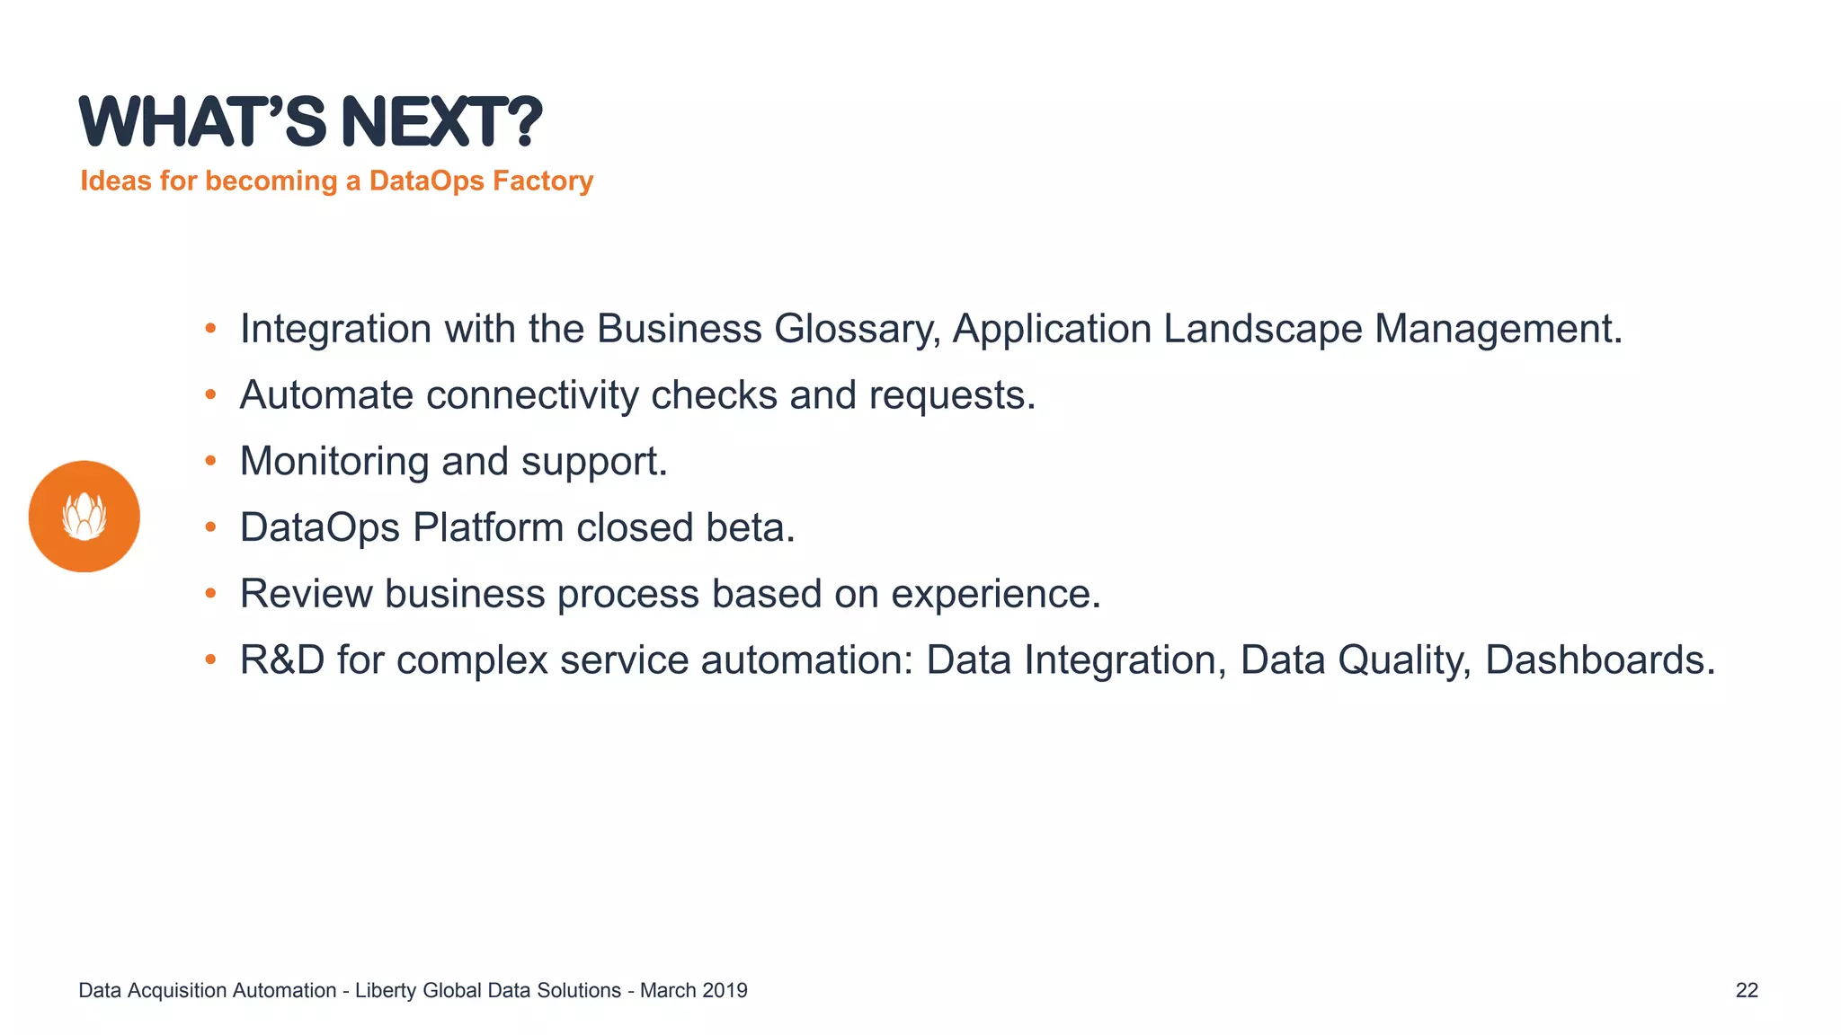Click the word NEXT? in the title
click(x=441, y=122)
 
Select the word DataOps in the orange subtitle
click(x=427, y=181)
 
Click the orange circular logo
click(x=84, y=517)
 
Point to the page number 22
click(x=1747, y=990)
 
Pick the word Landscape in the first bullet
click(x=1263, y=329)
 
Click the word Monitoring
click(x=334, y=462)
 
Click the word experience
click(x=995, y=594)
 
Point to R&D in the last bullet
click(x=282, y=660)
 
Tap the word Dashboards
click(x=1599, y=660)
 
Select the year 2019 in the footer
click(x=725, y=990)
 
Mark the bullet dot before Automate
click(x=210, y=394)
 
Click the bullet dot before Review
click(x=210, y=593)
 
